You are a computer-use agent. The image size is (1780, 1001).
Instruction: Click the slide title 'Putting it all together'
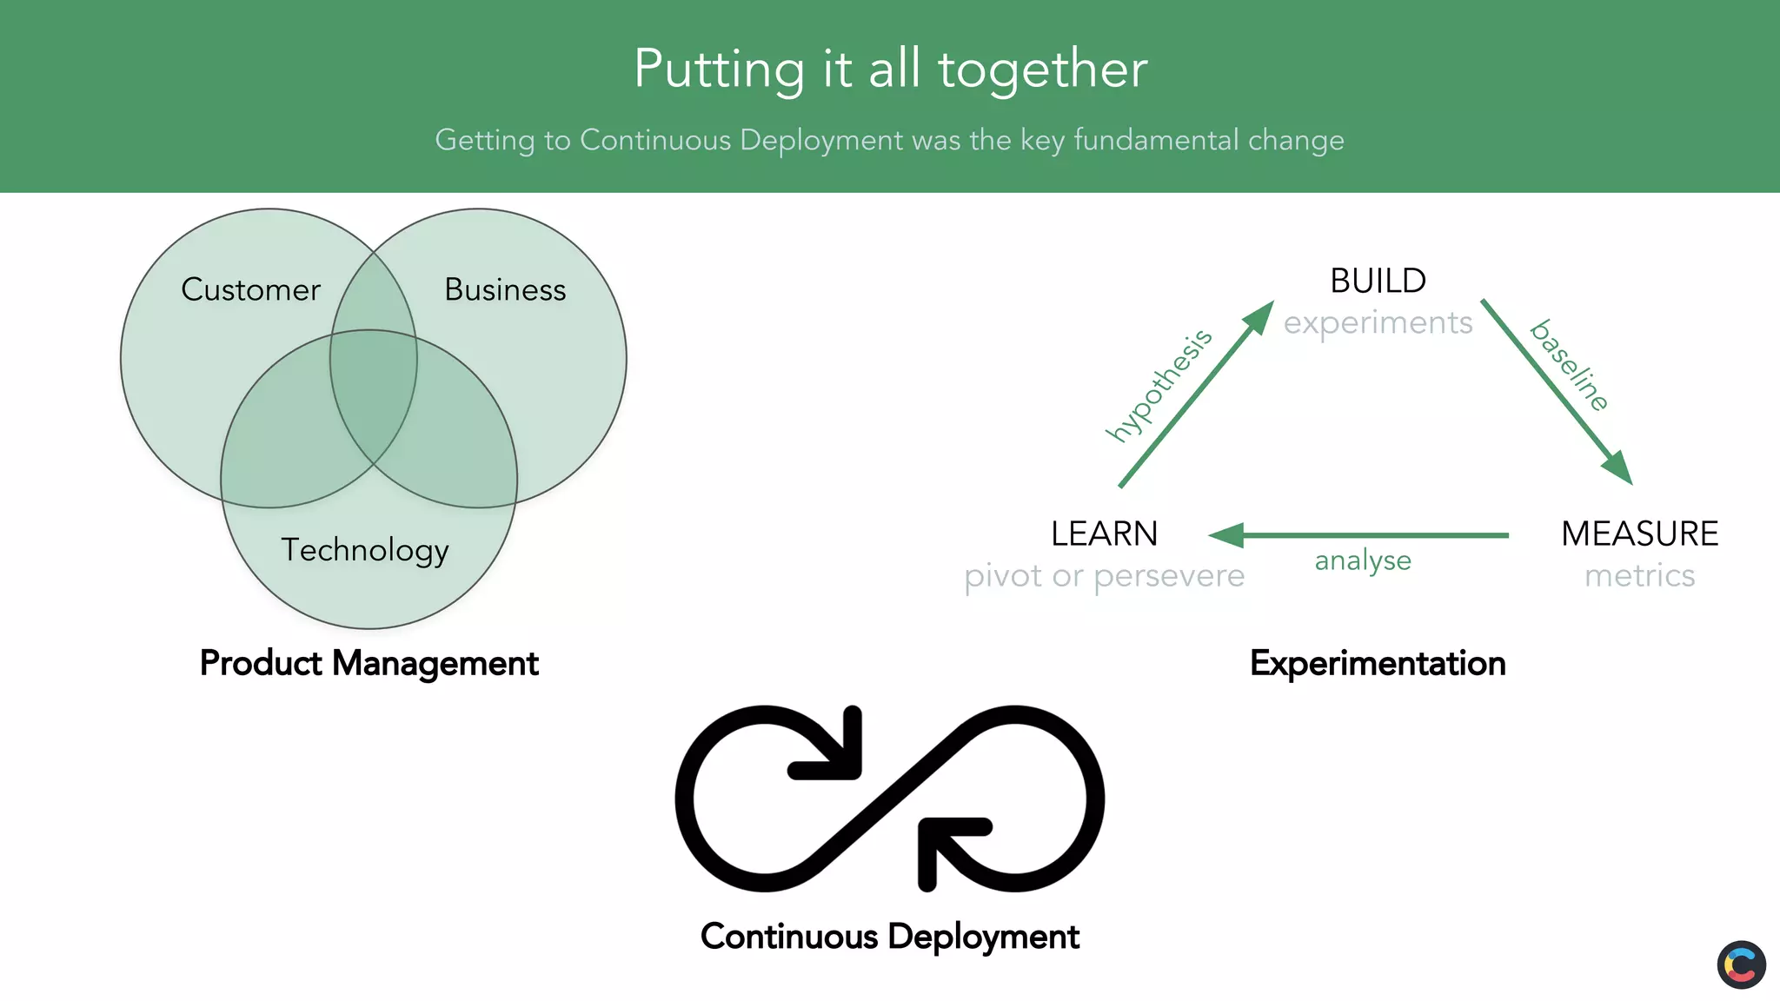point(890,69)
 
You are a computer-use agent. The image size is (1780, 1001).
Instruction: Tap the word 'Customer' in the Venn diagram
point(250,289)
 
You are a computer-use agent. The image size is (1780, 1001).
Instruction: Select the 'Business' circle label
point(505,289)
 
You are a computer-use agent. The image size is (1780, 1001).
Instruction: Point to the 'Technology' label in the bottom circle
point(365,550)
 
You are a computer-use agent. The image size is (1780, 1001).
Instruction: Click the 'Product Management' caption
point(369,663)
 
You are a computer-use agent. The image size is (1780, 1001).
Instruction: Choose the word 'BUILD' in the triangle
point(1378,281)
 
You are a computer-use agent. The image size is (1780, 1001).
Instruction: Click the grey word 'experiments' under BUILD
point(1378,322)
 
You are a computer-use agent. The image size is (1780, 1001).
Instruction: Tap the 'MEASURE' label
point(1639,534)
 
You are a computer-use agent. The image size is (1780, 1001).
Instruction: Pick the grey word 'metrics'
point(1639,575)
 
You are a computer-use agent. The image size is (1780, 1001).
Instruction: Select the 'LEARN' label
point(1104,534)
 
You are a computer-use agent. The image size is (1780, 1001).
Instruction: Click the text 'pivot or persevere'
point(1104,575)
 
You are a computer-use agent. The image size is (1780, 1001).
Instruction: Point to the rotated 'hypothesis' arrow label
point(1159,385)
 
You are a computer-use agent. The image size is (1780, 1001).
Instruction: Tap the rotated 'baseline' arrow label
point(1570,365)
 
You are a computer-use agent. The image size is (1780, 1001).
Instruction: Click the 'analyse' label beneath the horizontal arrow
point(1363,561)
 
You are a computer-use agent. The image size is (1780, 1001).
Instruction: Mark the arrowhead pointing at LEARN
point(1226,535)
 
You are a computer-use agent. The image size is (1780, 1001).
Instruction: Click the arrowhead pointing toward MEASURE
point(1618,467)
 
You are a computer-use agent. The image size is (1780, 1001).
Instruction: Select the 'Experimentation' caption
point(1378,663)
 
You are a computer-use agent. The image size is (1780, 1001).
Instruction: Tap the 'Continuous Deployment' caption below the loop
point(890,937)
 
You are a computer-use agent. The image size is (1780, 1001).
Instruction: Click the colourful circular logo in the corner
point(1741,965)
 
